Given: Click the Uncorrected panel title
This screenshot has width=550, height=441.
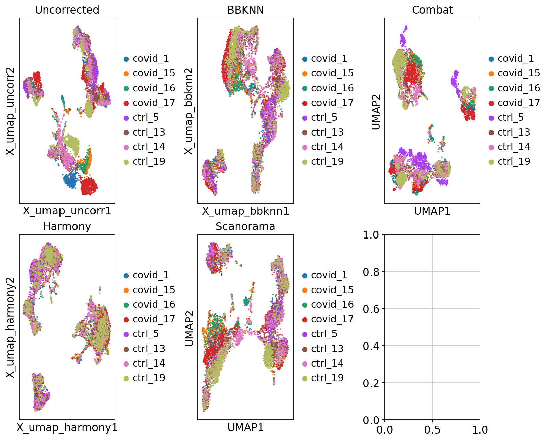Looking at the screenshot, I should pyautogui.click(x=67, y=10).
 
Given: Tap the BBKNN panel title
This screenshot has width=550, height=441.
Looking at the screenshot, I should pyautogui.click(x=245, y=10).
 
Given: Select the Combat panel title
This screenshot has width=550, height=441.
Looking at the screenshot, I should pyautogui.click(x=432, y=10).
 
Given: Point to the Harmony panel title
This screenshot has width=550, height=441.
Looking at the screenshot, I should pyautogui.click(x=67, y=226).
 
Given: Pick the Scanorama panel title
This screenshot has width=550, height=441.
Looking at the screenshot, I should pyautogui.click(x=245, y=226).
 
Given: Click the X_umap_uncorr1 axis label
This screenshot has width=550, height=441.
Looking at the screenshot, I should pyautogui.click(x=67, y=211).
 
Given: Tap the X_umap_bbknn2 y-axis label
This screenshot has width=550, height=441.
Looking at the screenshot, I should pyautogui.click(x=189, y=111).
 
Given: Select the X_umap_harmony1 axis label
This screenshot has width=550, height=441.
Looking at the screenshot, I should pyautogui.click(x=67, y=427).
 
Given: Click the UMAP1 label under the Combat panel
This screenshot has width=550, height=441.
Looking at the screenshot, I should pyautogui.click(x=432, y=211).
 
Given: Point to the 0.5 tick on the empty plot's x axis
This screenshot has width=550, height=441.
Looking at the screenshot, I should pyautogui.click(x=432, y=430).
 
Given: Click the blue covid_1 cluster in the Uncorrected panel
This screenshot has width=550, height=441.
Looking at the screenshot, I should pyautogui.click(x=70, y=180).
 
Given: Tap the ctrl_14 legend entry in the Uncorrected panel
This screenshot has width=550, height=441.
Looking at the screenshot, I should pyautogui.click(x=149, y=147).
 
